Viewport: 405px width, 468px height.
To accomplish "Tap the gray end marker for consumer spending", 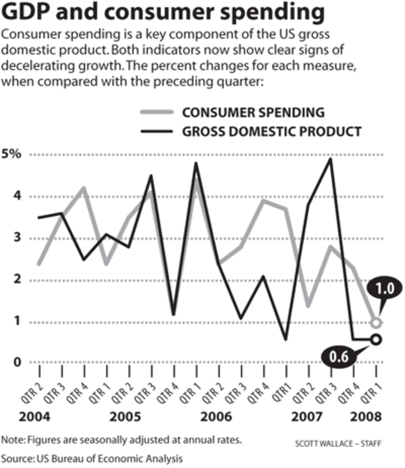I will click(x=376, y=322).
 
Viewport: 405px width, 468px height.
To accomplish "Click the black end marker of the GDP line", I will click(x=376, y=339).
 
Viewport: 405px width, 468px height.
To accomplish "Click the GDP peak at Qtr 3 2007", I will click(x=331, y=159).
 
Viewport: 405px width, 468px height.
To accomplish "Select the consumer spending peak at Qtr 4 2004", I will click(x=84, y=188).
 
